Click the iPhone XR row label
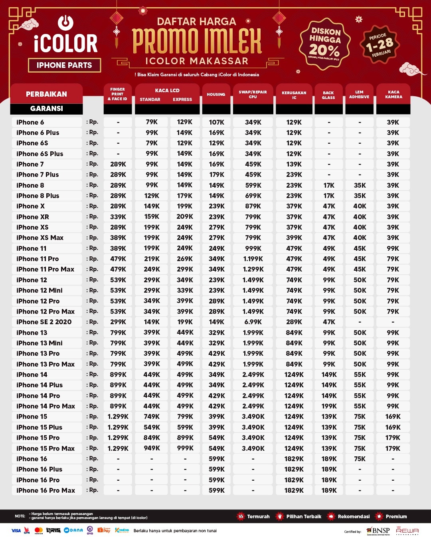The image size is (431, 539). click(x=33, y=217)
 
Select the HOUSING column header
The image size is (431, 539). click(x=216, y=95)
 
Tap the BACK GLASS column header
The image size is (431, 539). click(x=328, y=95)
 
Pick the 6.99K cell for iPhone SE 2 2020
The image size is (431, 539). click(x=253, y=322)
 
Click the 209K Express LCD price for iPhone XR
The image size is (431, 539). click(x=185, y=217)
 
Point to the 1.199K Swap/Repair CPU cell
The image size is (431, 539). click(x=253, y=259)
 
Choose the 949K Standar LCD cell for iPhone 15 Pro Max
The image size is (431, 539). click(x=152, y=448)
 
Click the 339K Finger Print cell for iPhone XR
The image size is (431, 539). click(x=118, y=217)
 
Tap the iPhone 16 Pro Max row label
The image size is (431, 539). click(x=45, y=490)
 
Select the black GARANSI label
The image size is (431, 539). click(x=46, y=109)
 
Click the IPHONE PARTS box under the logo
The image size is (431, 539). click(x=64, y=65)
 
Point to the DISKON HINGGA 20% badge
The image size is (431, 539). click(x=325, y=44)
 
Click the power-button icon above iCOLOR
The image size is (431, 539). click(x=65, y=22)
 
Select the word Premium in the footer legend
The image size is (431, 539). click(x=396, y=517)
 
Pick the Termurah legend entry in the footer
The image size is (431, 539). click(x=258, y=517)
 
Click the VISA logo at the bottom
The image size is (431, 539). click(x=16, y=531)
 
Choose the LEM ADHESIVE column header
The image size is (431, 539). click(x=359, y=95)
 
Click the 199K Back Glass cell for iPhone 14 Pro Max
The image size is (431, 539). click(x=329, y=406)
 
